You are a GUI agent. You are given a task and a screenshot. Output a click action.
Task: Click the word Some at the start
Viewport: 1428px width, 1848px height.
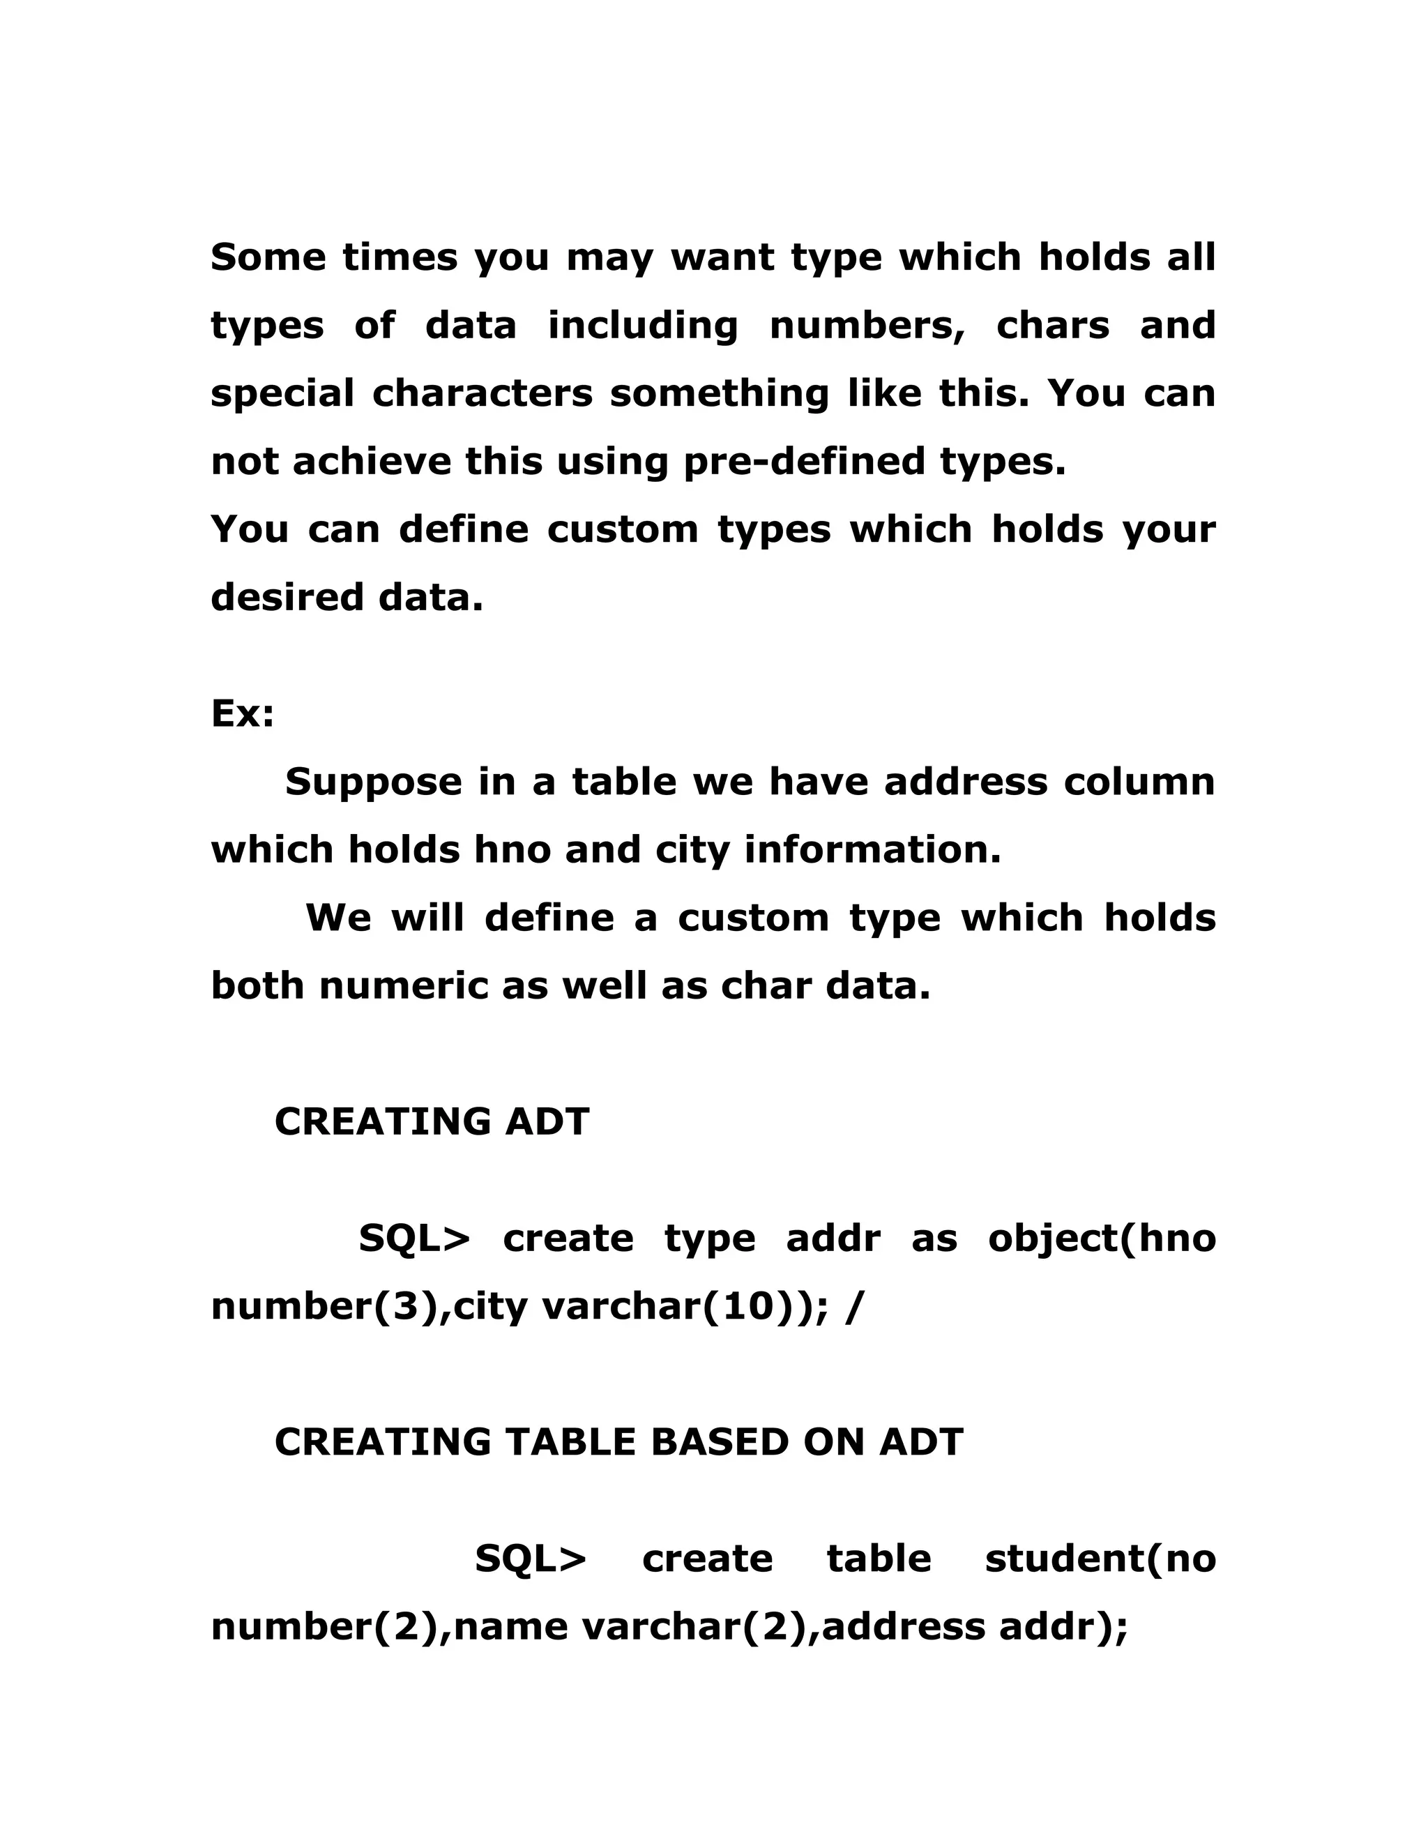267,257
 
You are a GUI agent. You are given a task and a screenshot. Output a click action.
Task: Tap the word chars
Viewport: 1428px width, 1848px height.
1052,326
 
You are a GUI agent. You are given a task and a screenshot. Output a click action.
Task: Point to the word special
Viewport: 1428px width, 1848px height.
282,394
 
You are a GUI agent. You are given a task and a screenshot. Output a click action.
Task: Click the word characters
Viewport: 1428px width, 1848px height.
483,393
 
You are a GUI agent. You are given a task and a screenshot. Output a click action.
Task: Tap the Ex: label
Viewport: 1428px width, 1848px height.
242,714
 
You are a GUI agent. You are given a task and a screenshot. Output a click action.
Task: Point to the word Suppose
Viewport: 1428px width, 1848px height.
373,782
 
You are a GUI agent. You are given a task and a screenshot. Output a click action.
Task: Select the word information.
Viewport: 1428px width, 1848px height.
872,849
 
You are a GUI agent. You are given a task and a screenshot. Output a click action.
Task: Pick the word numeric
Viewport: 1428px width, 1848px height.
404,986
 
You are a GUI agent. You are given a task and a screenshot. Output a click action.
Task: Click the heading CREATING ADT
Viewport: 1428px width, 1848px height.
432,1122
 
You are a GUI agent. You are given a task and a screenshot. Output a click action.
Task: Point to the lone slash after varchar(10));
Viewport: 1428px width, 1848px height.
853,1308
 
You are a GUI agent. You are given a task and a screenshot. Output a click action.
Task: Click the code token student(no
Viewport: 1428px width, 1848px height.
1100,1559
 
